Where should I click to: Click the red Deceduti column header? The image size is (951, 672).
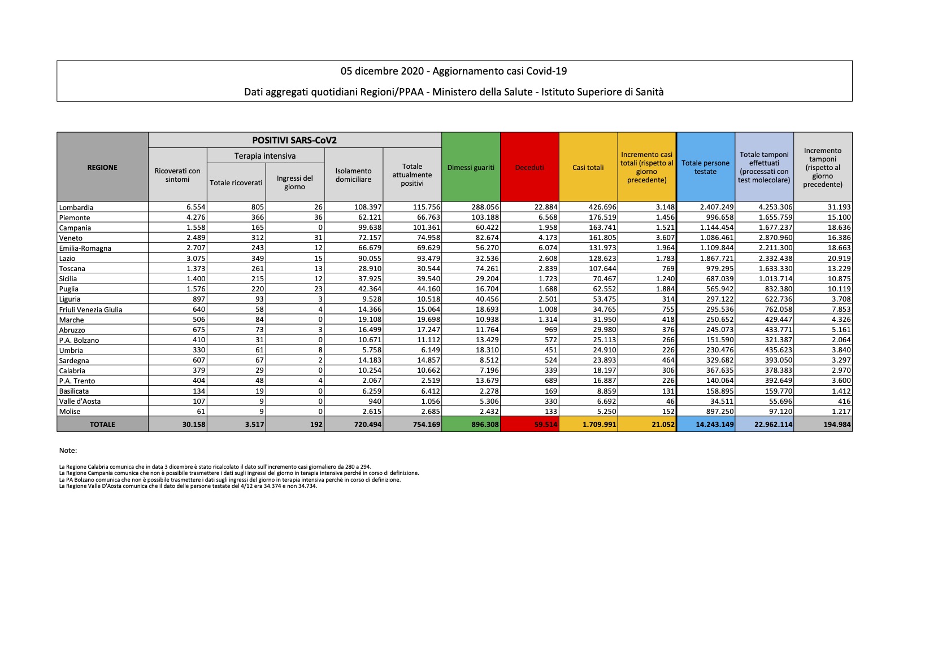(x=529, y=168)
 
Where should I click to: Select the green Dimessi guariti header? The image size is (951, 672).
(x=471, y=168)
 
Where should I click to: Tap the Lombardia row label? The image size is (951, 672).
(x=76, y=208)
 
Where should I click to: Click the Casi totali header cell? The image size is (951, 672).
(x=588, y=168)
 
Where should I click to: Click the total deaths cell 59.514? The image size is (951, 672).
(x=545, y=425)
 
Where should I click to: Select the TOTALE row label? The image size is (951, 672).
(x=102, y=425)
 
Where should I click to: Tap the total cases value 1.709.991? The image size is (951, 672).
(x=600, y=425)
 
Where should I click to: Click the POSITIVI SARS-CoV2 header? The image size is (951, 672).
(x=294, y=141)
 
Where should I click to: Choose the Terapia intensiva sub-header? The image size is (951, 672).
(x=265, y=156)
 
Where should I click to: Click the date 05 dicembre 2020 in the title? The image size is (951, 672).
(x=382, y=71)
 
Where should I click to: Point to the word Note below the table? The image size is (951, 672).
(x=68, y=451)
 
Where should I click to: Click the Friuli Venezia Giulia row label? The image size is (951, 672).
(x=90, y=310)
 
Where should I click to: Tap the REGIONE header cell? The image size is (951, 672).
(x=102, y=168)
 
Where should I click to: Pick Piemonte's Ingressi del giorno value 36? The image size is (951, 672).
(x=318, y=217)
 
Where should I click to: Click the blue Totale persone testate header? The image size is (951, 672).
(x=705, y=168)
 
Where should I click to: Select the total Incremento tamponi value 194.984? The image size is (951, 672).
(x=837, y=425)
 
